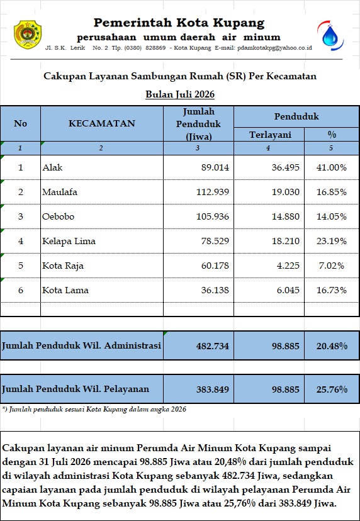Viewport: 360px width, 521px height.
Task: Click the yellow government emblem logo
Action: click(28, 35)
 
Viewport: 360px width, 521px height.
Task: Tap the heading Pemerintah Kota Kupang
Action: click(179, 23)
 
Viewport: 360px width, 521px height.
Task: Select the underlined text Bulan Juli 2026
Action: click(180, 94)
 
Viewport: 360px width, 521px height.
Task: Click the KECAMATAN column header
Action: click(102, 123)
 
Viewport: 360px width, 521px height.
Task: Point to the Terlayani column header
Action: click(270, 135)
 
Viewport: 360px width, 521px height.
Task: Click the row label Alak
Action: click(52, 167)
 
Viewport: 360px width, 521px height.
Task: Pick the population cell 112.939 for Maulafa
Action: click(213, 192)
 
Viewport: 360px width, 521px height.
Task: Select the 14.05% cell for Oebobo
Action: click(332, 216)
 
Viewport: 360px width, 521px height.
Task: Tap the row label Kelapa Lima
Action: click(69, 241)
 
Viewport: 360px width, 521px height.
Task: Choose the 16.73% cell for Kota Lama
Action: click(332, 291)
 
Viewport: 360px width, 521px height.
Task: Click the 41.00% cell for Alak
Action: click(332, 167)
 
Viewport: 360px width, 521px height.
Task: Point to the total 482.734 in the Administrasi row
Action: click(213, 346)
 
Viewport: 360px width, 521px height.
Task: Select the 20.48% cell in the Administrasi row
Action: click(332, 346)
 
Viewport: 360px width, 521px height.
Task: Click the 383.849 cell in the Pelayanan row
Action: click(213, 389)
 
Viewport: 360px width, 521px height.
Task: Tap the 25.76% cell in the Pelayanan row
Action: click(332, 389)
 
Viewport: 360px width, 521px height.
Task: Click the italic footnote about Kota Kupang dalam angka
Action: click(94, 409)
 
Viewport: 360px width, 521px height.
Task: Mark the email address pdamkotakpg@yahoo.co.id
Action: click(274, 48)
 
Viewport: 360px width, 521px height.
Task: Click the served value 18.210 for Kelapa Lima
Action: click(286, 241)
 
